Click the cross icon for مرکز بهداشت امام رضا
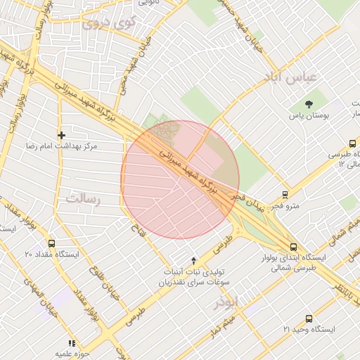[62, 134]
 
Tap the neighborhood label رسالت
[84, 199]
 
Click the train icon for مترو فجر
[285, 195]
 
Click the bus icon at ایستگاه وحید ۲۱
[309, 318]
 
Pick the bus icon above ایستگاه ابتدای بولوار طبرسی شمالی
[293, 247]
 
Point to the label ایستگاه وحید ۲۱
[309, 329]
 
